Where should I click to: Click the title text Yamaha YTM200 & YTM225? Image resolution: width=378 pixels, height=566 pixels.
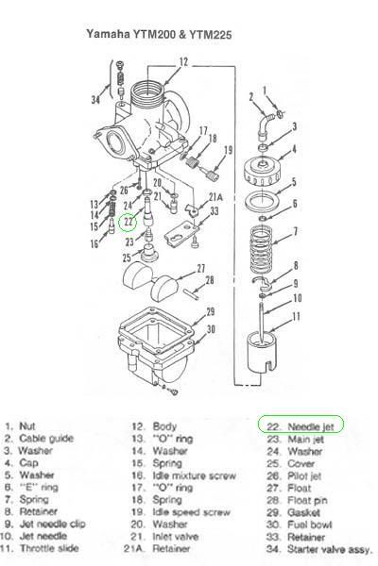coord(159,35)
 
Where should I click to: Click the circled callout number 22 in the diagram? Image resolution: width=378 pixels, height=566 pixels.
coord(129,222)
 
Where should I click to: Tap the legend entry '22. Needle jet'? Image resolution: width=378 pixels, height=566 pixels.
coord(301,426)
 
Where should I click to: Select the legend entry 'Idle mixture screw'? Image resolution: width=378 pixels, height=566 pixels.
coord(194,475)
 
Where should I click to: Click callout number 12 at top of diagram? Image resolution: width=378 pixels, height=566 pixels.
coord(184,61)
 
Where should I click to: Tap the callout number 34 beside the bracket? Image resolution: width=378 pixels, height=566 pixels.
coord(95,99)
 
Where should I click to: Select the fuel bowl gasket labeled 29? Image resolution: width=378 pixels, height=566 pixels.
coord(155,331)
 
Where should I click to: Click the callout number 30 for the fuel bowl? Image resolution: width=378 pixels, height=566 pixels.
coord(211,329)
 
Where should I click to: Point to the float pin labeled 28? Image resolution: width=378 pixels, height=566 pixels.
coord(192,293)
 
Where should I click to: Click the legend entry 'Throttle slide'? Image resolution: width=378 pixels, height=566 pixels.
coord(49,548)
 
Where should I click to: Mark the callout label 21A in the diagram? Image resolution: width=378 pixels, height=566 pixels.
coord(215,197)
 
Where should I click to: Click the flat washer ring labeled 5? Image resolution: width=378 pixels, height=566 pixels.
coord(263,201)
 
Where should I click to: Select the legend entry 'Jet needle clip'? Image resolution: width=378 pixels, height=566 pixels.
coord(52,524)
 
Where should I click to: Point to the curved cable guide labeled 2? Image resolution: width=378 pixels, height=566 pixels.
coord(265,125)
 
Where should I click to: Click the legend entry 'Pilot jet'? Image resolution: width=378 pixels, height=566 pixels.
coord(304,475)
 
